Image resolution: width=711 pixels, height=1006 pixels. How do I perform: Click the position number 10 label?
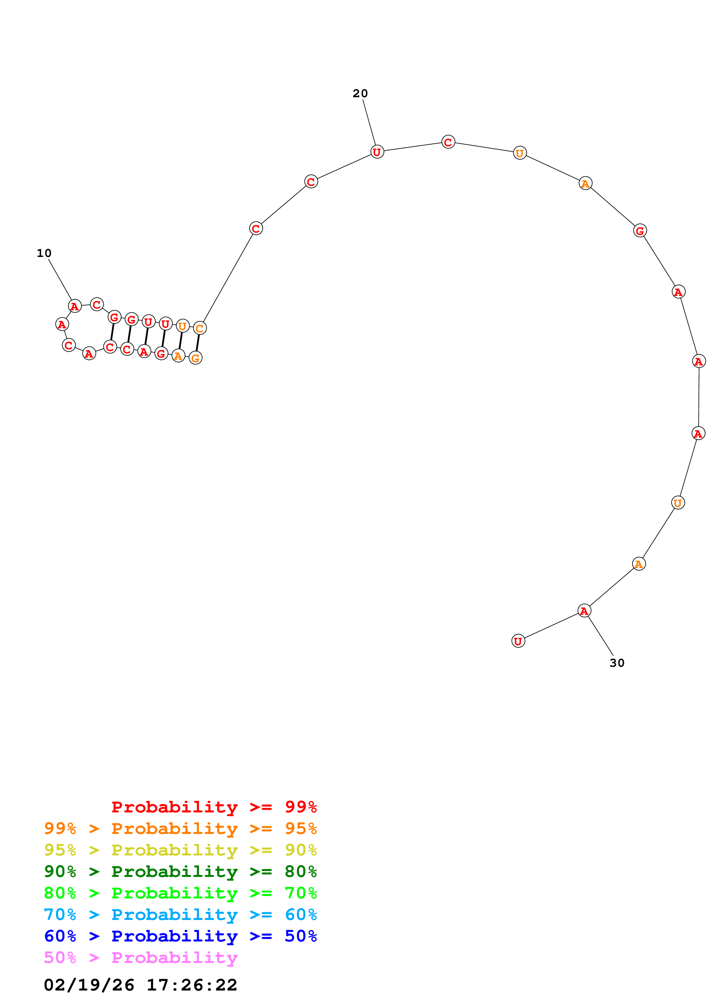click(44, 253)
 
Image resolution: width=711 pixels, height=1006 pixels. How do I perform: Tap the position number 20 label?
click(360, 93)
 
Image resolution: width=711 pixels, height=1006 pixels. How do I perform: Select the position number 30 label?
click(617, 663)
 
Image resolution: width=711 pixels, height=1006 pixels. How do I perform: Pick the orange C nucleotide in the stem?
click(200, 328)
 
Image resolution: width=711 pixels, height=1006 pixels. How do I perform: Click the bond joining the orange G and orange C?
click(198, 343)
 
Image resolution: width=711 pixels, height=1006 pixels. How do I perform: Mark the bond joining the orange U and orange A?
click(180, 341)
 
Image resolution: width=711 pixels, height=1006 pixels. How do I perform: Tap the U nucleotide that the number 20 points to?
click(377, 152)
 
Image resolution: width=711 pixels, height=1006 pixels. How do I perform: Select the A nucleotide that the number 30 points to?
click(584, 610)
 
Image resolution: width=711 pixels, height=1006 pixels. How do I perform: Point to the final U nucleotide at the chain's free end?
click(518, 641)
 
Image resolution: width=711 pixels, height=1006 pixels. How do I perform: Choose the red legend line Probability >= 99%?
click(214, 807)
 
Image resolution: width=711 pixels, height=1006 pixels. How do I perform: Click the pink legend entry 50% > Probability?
click(141, 958)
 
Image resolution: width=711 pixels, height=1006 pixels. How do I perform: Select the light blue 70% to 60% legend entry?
click(180, 915)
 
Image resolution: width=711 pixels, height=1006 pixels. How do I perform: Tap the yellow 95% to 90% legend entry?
click(180, 850)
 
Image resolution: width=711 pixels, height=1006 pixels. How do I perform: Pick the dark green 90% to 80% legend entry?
click(180, 872)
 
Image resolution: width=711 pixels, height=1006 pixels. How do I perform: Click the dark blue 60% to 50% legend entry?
click(180, 936)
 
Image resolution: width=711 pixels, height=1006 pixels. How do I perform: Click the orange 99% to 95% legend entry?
click(180, 828)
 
